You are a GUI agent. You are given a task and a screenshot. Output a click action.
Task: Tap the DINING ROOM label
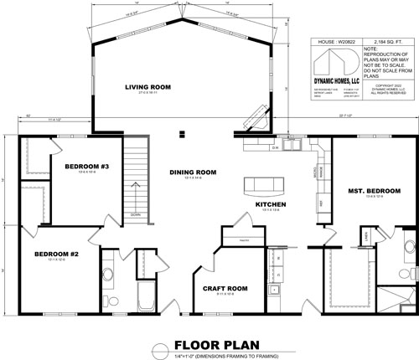(x=193, y=172)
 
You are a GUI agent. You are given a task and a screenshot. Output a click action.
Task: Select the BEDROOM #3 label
(x=87, y=167)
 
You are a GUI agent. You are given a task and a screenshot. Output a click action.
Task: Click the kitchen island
(x=262, y=184)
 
